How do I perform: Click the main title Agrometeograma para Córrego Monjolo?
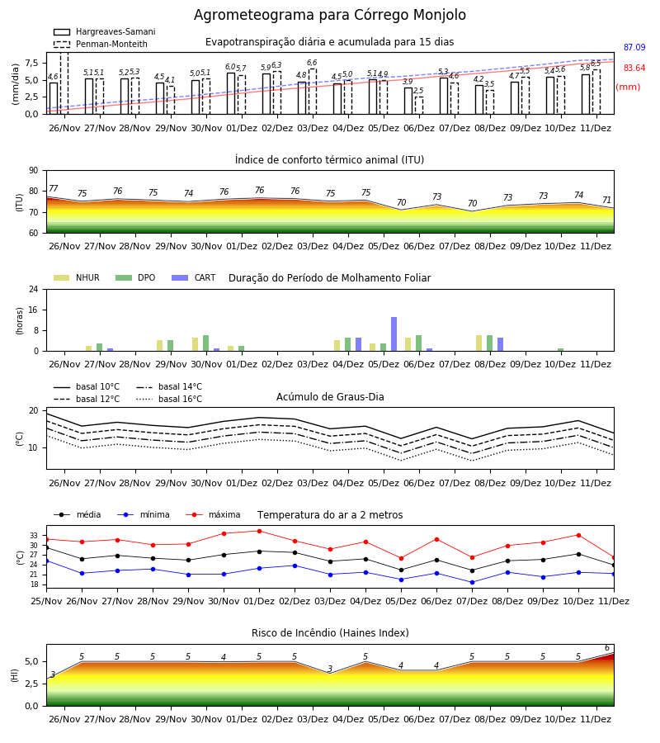[x=329, y=15]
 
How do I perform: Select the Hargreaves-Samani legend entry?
[x=104, y=31]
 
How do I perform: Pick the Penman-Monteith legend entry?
[x=101, y=44]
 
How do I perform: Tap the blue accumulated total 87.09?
[x=634, y=47]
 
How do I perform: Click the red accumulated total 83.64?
[x=634, y=68]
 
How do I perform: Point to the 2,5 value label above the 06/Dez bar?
[x=418, y=91]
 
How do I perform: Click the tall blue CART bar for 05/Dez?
[x=394, y=334]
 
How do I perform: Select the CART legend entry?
[x=194, y=277]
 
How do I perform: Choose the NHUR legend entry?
[x=77, y=277]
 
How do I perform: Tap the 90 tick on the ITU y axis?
[x=34, y=171]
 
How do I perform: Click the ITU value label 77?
[x=54, y=188]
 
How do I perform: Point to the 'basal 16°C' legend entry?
[x=169, y=399]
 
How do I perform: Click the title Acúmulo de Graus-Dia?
[x=330, y=397]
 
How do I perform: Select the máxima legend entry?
[x=213, y=514]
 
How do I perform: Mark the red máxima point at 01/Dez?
[x=259, y=531]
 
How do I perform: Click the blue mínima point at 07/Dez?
[x=473, y=582]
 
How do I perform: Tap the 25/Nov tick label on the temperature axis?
[x=46, y=601]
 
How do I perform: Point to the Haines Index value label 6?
[x=607, y=648]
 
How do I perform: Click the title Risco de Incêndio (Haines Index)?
[x=330, y=633]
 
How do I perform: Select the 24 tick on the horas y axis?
[x=34, y=289]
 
